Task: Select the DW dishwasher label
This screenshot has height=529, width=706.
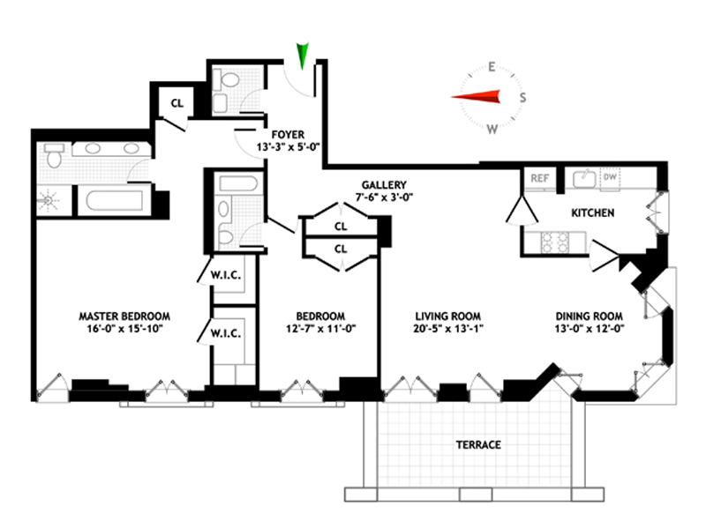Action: (x=609, y=178)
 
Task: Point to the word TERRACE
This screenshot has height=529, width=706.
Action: (x=478, y=445)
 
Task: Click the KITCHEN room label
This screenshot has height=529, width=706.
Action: (x=593, y=213)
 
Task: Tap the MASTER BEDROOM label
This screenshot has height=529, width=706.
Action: (x=124, y=316)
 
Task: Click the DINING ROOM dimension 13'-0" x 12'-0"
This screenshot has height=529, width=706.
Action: (x=590, y=330)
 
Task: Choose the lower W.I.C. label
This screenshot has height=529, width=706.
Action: (x=222, y=333)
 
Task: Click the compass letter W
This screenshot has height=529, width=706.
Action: (x=492, y=129)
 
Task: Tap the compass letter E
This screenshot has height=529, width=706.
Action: (x=492, y=66)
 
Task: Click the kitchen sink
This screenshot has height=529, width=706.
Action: (x=582, y=178)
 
